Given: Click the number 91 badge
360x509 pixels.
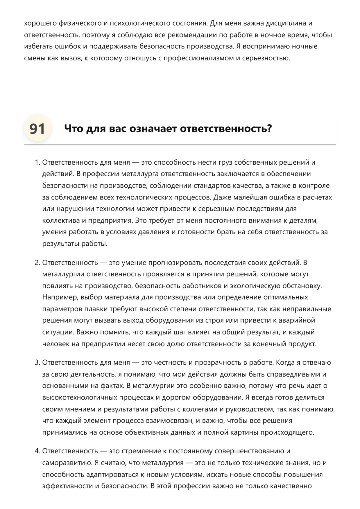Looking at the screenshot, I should pos(37,129).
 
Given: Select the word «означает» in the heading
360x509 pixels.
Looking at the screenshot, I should pos(153,128).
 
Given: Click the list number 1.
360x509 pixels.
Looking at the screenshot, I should pos(37,162).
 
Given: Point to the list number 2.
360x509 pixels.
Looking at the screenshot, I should pos(37,262).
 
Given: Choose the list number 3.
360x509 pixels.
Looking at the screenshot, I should pos(37,362).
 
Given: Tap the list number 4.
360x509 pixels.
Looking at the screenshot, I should pos(37,451).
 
